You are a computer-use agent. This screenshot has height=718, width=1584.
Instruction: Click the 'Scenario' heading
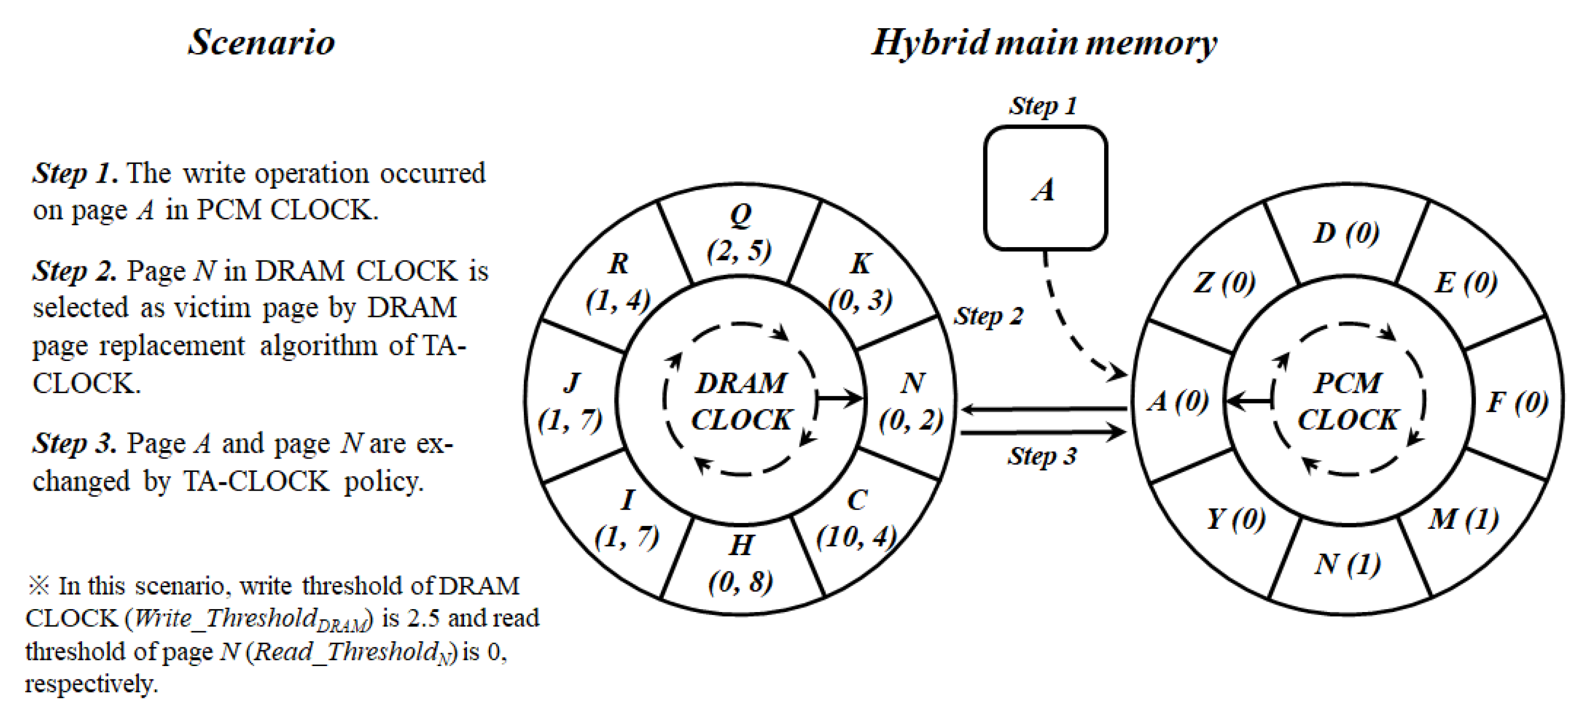tap(261, 43)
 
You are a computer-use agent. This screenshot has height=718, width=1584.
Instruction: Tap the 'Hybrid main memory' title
tap(1044, 43)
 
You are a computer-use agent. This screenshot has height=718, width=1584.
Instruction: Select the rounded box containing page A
tap(1045, 188)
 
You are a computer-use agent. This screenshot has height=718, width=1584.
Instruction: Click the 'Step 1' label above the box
tap(1043, 106)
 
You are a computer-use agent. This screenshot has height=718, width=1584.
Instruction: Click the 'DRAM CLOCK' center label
tap(741, 401)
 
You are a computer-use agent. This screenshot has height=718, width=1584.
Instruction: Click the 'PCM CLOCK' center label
tap(1348, 401)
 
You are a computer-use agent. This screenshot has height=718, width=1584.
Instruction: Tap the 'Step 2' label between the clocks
tap(989, 315)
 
